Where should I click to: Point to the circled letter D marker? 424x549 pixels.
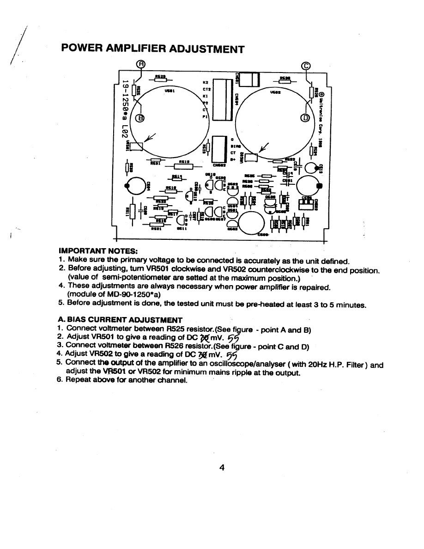click(305, 118)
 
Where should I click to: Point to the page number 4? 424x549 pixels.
click(222, 468)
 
